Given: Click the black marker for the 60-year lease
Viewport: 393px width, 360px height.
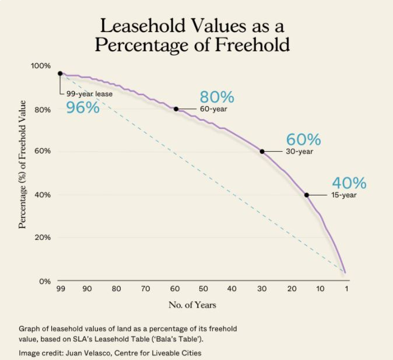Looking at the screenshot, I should coord(176,109).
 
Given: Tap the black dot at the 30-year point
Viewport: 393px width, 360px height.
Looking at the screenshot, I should coord(262,151).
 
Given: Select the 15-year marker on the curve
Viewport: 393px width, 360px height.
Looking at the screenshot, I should coord(306,195).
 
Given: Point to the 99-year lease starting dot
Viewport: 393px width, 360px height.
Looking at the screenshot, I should coord(60,74).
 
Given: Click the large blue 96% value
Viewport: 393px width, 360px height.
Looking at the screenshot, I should coord(83,107).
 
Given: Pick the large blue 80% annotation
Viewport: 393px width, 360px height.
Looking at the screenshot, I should coord(216,97).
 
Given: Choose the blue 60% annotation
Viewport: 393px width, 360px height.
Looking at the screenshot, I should coord(303,139).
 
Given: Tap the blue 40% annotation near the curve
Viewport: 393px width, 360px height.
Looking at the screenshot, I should coord(349,183).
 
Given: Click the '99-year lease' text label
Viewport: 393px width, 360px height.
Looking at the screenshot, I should coord(89,93).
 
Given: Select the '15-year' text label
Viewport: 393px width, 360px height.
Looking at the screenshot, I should coord(343,195).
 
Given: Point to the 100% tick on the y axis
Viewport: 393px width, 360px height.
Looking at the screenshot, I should coord(41,66).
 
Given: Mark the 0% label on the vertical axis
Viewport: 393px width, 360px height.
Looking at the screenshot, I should coord(45,281).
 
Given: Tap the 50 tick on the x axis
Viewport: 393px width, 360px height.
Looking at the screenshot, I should coord(203,289).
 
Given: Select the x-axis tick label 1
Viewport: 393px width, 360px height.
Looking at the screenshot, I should coord(346,289).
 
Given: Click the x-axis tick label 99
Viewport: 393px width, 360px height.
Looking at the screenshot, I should coord(60,289).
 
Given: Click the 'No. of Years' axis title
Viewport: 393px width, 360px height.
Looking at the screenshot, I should coord(192,305).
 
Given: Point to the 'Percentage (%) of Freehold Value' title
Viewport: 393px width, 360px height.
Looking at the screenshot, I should coord(23,164).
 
